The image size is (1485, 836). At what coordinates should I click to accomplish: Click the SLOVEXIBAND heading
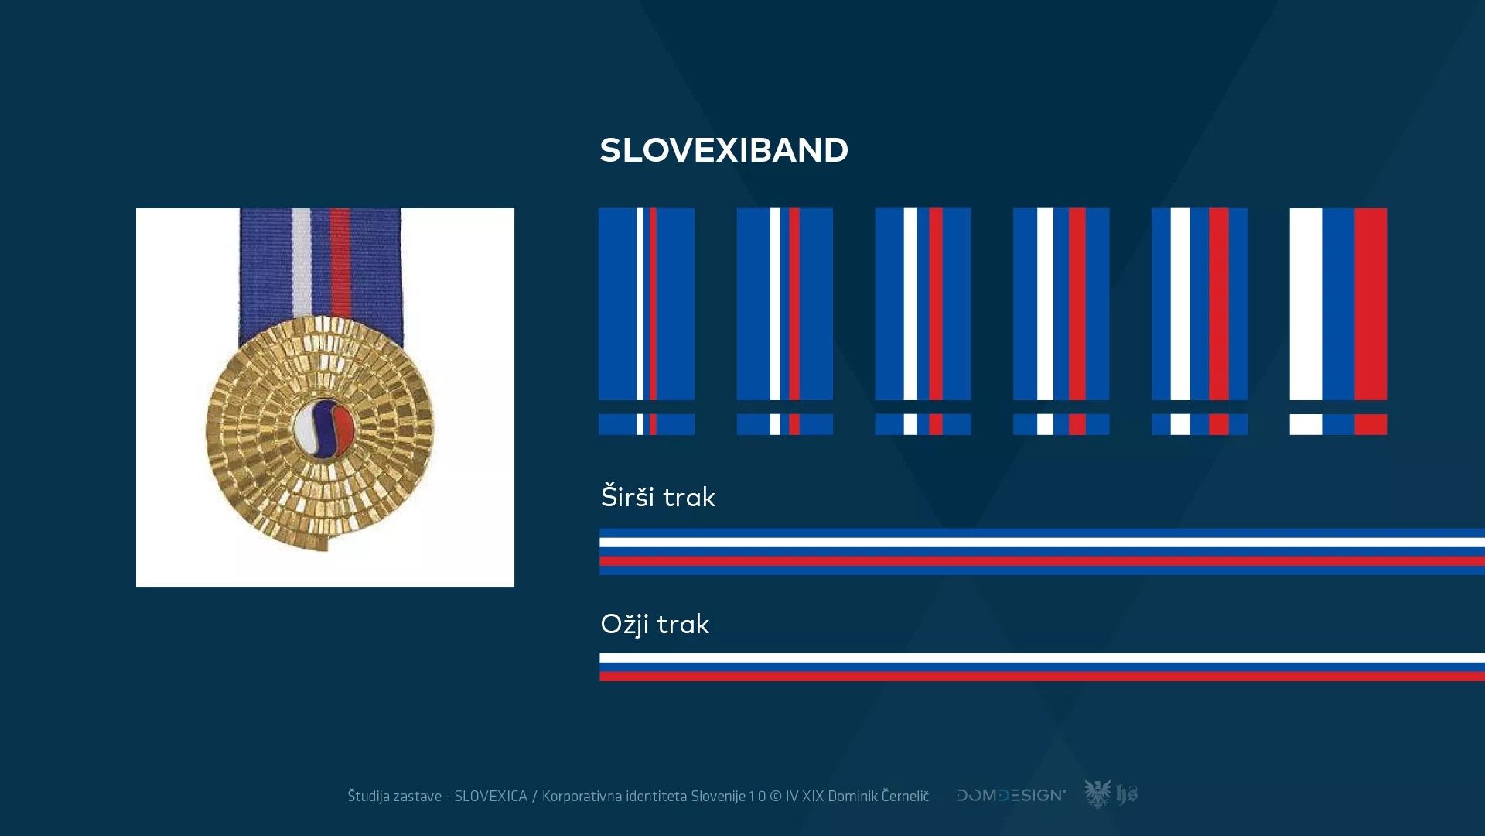(x=724, y=150)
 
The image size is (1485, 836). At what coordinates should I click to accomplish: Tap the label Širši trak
(x=658, y=497)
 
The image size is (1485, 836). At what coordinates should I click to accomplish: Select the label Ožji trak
(x=654, y=624)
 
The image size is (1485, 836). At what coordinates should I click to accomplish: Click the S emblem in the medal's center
(x=324, y=429)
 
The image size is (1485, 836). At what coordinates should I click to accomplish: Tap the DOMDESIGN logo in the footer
(x=1010, y=795)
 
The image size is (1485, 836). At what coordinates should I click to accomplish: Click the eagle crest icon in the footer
(x=1098, y=794)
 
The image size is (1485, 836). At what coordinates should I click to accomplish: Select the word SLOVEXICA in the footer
(x=490, y=797)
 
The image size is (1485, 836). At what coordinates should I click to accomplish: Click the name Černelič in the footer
(x=905, y=797)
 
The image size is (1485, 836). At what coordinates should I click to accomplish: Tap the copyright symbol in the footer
(x=775, y=797)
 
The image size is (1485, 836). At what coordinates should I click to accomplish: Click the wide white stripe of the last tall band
(x=1306, y=303)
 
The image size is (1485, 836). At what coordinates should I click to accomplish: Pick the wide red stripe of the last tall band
(x=1371, y=303)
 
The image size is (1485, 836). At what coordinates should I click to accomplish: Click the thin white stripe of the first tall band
(x=640, y=303)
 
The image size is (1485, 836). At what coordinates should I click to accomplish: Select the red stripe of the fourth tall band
(x=1077, y=303)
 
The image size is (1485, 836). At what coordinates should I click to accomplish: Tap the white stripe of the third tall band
(x=910, y=303)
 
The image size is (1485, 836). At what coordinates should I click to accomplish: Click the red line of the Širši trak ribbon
(x=1036, y=561)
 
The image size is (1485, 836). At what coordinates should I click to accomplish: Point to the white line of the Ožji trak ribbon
(x=1036, y=658)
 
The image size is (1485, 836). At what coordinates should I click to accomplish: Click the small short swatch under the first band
(x=647, y=424)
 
